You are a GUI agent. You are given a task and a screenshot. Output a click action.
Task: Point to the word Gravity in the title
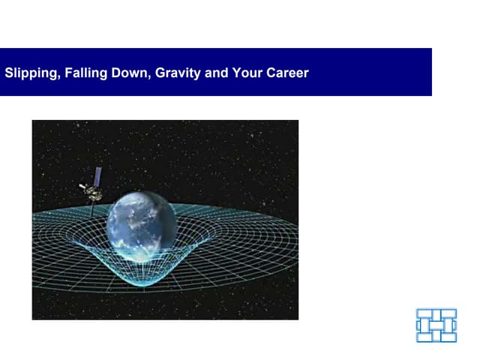(178, 73)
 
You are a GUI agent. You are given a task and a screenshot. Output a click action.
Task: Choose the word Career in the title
(288, 73)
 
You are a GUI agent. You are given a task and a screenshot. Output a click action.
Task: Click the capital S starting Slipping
(9, 73)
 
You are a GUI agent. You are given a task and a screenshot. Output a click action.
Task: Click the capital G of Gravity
(160, 73)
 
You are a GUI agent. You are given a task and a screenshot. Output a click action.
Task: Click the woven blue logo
(436, 325)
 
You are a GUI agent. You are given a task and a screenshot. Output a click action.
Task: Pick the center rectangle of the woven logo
(436, 325)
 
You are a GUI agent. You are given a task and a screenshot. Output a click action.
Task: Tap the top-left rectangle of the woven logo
(424, 313)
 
